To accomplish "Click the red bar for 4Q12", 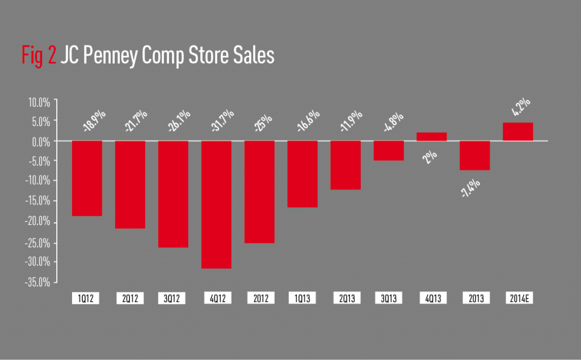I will (x=216, y=204).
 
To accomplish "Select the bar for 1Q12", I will (x=87, y=178).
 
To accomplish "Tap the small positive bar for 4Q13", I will (x=432, y=136).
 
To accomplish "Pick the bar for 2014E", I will (x=518, y=132).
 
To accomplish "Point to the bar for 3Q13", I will (x=389, y=150).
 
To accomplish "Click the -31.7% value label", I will (x=217, y=121).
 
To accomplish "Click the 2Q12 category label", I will (x=130, y=298).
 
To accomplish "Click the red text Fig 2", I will (x=38, y=56).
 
